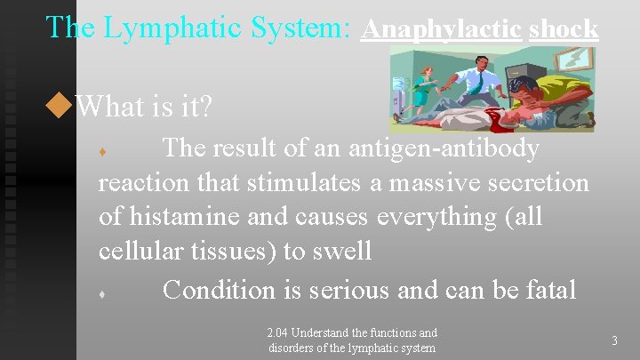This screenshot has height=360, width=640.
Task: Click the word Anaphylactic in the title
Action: (x=441, y=28)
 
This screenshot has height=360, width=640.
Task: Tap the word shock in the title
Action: (x=564, y=28)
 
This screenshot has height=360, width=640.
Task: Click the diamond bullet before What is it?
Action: (x=60, y=108)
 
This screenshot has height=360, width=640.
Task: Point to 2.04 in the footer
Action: (x=280, y=333)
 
